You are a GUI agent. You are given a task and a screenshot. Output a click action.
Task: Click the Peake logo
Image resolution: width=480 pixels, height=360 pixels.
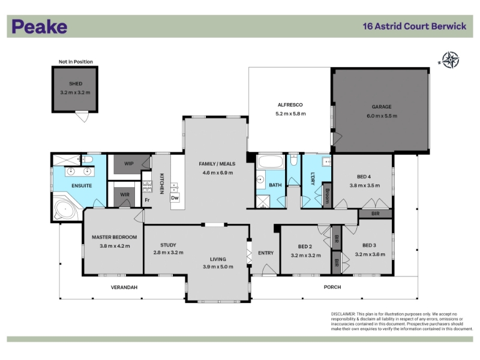point(40,26)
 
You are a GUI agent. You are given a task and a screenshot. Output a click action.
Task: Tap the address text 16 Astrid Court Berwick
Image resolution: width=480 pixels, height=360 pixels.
point(414,26)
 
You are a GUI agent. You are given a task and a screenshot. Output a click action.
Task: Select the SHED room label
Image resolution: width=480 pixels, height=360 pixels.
point(76,83)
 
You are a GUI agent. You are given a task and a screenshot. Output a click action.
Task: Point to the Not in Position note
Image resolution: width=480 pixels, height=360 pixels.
point(76,62)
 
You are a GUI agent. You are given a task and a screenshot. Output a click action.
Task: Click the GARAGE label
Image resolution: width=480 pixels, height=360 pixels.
point(382,107)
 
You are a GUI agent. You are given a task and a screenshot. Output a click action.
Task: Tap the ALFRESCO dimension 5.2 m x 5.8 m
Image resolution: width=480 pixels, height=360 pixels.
point(290,113)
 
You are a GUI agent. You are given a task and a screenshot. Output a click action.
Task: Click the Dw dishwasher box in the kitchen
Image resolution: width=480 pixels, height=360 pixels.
point(175,198)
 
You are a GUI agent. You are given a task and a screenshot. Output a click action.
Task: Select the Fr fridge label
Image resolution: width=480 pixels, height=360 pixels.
point(147,200)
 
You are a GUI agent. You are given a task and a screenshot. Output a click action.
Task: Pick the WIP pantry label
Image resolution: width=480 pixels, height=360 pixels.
point(129,163)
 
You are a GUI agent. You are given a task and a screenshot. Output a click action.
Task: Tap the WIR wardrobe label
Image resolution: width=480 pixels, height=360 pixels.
point(125,194)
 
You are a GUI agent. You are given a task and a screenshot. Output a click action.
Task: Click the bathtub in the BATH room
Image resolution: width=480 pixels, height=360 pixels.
point(271,161)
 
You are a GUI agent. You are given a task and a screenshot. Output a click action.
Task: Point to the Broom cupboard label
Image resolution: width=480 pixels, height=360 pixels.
point(327,196)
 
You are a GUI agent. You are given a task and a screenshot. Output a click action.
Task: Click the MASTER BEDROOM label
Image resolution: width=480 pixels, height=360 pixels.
point(114,237)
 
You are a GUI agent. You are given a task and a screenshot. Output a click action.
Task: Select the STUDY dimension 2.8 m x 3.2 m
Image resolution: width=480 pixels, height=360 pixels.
point(169,253)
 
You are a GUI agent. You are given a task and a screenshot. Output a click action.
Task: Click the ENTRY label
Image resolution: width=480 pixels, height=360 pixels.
point(266,253)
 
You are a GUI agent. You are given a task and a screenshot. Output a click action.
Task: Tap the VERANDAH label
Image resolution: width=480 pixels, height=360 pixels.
point(124,287)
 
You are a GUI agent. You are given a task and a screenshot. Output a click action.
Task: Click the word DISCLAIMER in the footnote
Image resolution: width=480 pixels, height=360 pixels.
point(343,314)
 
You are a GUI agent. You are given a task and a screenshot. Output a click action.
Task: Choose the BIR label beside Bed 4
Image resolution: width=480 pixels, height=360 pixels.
point(376,214)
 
